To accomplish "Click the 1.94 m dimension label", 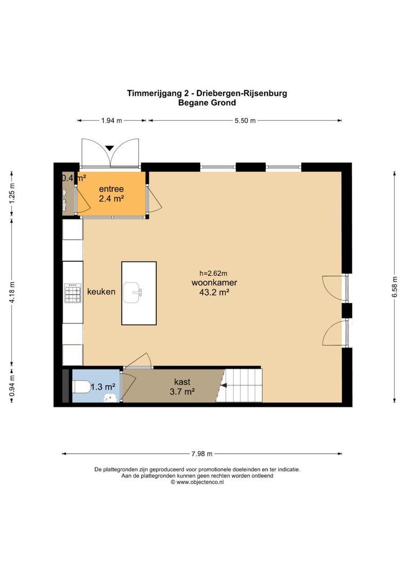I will [x=112, y=121].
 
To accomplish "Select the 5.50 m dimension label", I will [x=245, y=121].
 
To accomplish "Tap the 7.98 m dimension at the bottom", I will [x=201, y=454].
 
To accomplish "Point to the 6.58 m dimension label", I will [x=394, y=287].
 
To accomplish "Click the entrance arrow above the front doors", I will [x=109, y=148].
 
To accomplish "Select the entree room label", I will [x=111, y=189].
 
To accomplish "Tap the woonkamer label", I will [x=214, y=283].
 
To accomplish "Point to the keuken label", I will [x=101, y=292].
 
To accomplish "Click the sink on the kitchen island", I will [x=133, y=292].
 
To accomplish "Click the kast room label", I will [x=182, y=382].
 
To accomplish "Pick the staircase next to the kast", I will [x=242, y=385].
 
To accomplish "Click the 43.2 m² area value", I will [x=214, y=292].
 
